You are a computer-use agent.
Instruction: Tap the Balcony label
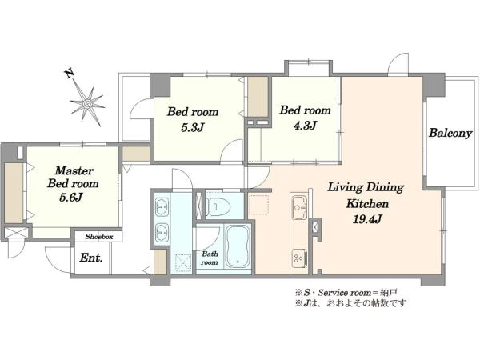click(450, 133)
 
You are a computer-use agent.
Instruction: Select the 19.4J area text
click(366, 219)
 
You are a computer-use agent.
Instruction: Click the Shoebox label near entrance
click(99, 237)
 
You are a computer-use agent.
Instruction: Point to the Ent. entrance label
click(91, 258)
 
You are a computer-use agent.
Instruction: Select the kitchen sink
click(299, 208)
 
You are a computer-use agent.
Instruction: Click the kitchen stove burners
click(299, 258)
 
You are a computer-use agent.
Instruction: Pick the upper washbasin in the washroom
click(162, 206)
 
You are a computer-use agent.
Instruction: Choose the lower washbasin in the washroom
click(162, 233)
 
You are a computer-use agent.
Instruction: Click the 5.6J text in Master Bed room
click(71, 198)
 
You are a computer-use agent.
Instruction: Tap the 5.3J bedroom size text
click(192, 127)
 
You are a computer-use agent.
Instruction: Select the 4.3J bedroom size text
click(305, 126)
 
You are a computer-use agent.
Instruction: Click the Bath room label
click(210, 258)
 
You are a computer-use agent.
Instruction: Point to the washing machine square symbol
click(183, 263)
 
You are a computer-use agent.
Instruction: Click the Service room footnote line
click(346, 293)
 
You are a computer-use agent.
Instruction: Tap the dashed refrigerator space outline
click(258, 205)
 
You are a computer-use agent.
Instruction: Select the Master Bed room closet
click(14, 193)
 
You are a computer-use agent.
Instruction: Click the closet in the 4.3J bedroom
click(258, 97)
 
